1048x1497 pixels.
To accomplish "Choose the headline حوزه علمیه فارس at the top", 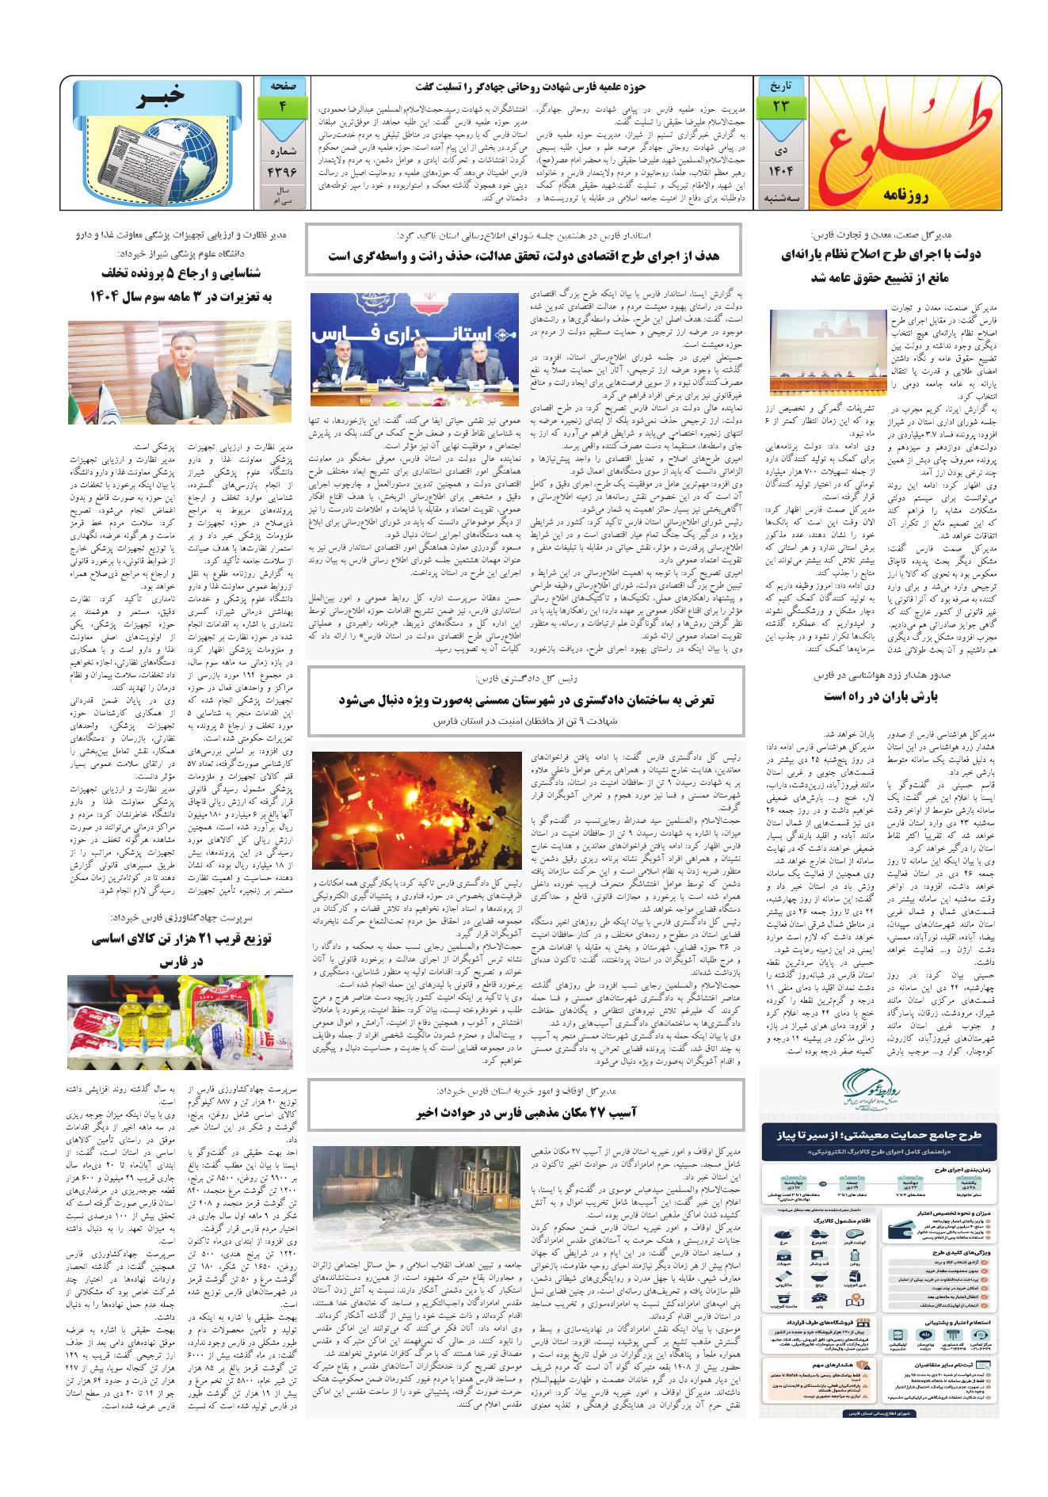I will point(528,86).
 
